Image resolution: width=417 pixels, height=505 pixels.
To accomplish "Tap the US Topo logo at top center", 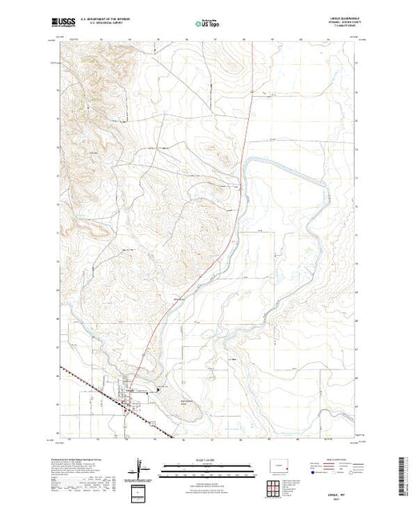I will [x=209, y=22].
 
